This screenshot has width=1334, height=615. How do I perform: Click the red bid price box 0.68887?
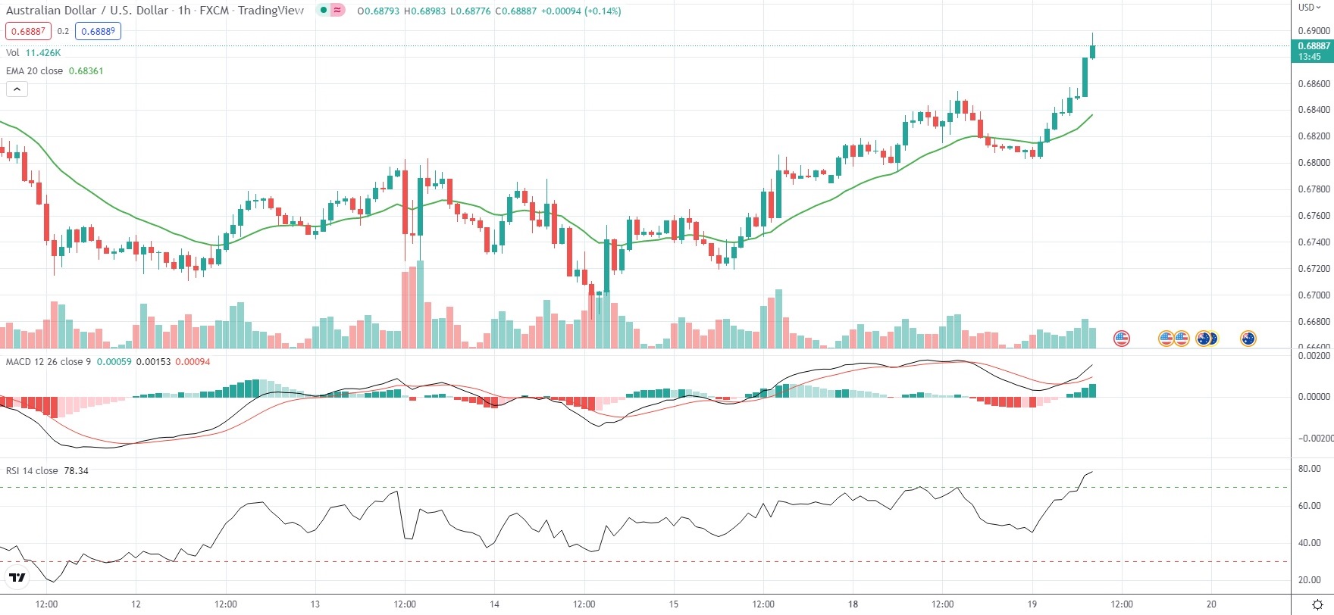click(28, 31)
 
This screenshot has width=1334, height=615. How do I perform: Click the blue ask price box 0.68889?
click(99, 31)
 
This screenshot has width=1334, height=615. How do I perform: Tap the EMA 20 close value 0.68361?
click(86, 71)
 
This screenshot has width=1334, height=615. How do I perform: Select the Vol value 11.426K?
click(42, 53)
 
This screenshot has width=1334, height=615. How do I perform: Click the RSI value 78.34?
click(76, 471)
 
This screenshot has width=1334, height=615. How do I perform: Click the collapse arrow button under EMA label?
click(17, 89)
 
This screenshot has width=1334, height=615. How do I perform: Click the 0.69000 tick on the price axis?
click(1314, 31)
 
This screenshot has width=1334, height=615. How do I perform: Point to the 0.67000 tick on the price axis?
click(1314, 295)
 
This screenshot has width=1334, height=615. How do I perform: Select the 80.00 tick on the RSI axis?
click(1309, 469)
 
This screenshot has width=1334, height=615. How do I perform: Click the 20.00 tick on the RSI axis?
click(1309, 580)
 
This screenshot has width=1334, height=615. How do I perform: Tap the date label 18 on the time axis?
click(853, 604)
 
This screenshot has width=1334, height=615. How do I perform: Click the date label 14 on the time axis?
click(494, 604)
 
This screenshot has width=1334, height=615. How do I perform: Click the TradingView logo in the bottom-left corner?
click(16, 578)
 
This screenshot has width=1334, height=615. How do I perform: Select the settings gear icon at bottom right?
click(1317, 604)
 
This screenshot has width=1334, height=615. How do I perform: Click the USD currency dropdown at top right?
click(1309, 8)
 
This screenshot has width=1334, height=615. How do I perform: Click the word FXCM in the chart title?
click(214, 11)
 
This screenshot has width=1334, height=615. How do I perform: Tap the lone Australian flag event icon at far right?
click(1248, 339)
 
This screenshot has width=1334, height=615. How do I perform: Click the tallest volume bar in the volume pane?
click(420, 304)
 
